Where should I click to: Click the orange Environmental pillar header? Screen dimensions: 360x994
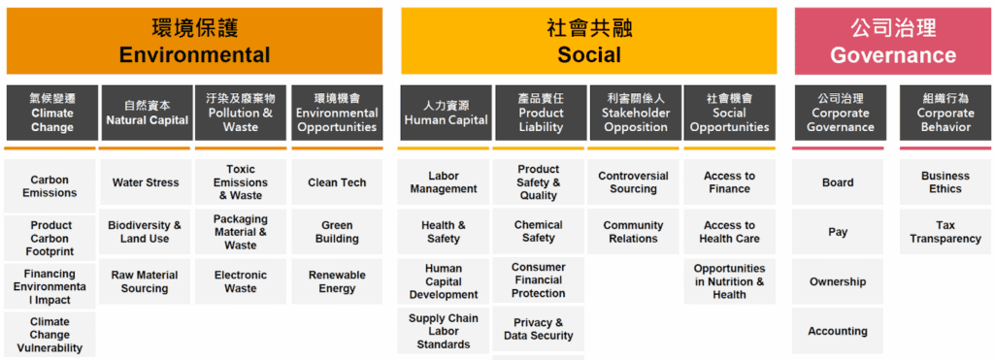pos(194,41)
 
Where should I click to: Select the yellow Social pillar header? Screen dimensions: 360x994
pos(588,41)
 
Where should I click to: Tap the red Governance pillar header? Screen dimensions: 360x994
pos(892,41)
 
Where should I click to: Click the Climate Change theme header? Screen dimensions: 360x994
pos(51,113)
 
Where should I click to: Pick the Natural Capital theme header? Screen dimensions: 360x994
pos(147,113)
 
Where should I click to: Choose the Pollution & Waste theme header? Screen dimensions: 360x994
pos(241,113)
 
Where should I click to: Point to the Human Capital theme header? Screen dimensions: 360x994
pos(446,113)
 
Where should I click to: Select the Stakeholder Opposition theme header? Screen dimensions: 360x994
pos(636,113)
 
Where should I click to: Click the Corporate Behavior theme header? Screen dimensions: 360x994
pos(944,113)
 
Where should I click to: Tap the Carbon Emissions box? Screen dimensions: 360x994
pos(50,186)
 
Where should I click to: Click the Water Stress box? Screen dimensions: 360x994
pos(146,182)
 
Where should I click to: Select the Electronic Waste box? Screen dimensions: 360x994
pos(241,281)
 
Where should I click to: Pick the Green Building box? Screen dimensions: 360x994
pos(337,232)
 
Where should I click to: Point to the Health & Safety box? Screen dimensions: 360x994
pos(444,232)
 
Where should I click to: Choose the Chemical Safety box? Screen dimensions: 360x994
pos(539,232)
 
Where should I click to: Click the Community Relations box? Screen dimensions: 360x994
pos(633,232)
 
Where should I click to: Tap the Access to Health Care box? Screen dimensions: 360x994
pos(729,232)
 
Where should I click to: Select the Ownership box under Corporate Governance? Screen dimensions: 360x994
pos(838,281)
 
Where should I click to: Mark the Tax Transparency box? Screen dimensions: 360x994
pos(944,232)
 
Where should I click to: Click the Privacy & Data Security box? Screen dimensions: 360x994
pos(539,329)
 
